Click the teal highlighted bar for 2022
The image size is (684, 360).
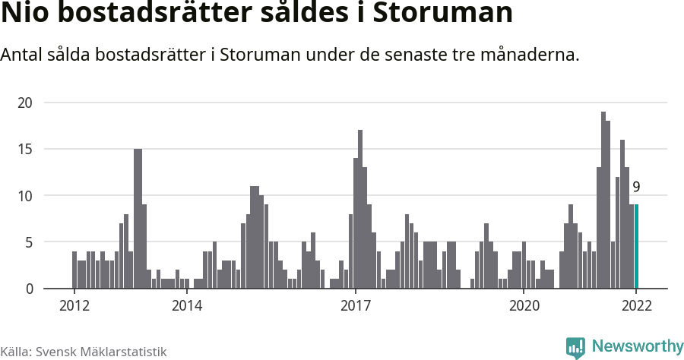(636, 246)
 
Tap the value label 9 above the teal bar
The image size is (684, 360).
(636, 187)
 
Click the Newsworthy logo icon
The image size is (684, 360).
(576, 347)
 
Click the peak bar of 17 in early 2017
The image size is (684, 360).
(360, 209)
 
